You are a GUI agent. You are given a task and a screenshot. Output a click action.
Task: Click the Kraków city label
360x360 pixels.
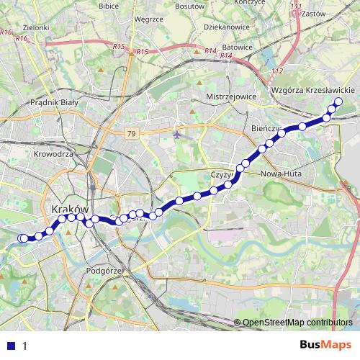point(71,208)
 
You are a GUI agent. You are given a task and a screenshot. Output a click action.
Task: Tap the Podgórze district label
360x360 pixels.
point(105,271)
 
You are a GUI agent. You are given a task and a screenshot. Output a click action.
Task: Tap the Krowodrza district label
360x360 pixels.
point(54,154)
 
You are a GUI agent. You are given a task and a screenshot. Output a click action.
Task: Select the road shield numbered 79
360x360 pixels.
point(130,134)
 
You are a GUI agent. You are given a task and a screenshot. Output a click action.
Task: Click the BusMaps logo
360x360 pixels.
point(326,344)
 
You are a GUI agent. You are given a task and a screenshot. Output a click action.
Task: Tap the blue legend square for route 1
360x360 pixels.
point(12,345)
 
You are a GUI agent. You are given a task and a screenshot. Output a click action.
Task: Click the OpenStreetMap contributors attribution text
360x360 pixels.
point(297,323)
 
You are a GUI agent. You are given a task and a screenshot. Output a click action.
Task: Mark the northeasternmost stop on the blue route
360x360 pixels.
point(338,101)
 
